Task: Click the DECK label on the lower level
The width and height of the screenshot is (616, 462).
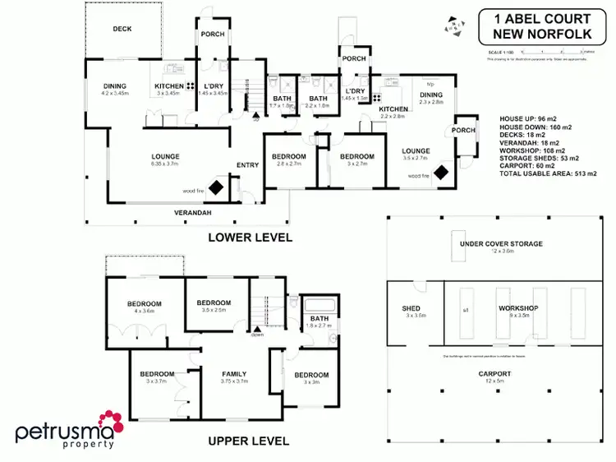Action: tap(122, 29)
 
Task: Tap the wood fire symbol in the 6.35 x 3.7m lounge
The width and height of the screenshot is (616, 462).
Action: tap(215, 188)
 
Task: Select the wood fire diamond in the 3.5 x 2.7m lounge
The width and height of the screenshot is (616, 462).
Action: tap(441, 173)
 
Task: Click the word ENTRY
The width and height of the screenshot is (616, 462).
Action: tap(247, 165)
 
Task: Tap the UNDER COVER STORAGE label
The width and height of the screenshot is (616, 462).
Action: tap(501, 244)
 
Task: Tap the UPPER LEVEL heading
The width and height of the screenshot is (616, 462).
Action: tap(248, 441)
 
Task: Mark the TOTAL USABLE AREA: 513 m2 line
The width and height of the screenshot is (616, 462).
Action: tap(548, 174)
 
